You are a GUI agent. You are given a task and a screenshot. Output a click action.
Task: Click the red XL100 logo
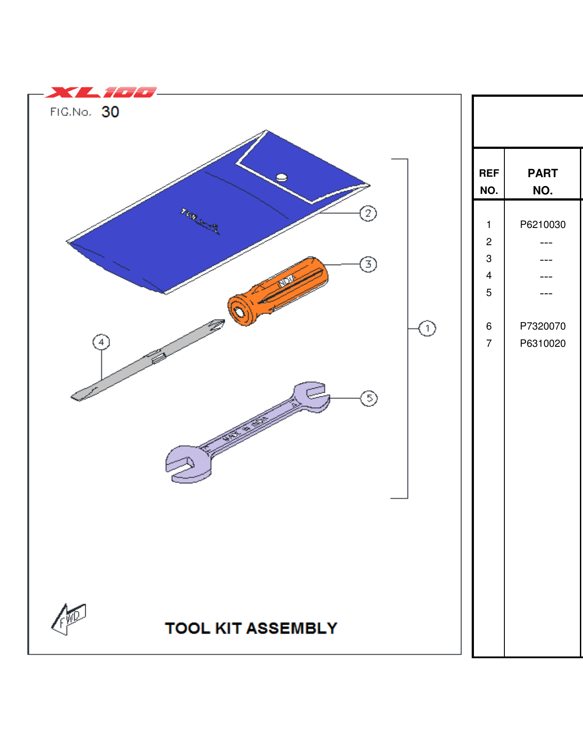(101, 92)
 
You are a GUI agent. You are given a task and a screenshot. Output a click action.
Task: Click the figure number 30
(110, 112)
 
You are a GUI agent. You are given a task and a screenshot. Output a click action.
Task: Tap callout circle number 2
(368, 213)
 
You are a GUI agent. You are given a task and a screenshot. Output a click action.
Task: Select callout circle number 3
(368, 264)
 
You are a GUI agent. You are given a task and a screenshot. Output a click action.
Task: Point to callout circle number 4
(101, 342)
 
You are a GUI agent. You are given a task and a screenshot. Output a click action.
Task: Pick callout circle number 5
(369, 398)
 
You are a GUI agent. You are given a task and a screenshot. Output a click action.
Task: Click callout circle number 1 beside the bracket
(427, 328)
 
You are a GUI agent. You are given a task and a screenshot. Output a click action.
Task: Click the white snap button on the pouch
(282, 178)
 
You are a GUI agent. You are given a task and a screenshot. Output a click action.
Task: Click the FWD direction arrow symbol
(68, 618)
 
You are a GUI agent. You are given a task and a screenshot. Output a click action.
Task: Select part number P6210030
(542, 224)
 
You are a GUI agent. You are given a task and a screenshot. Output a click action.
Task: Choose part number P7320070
(542, 326)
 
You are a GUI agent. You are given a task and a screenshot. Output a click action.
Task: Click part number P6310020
(542, 343)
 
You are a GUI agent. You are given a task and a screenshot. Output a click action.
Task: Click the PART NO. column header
(542, 181)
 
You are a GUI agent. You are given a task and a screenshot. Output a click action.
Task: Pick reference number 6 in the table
(488, 326)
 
